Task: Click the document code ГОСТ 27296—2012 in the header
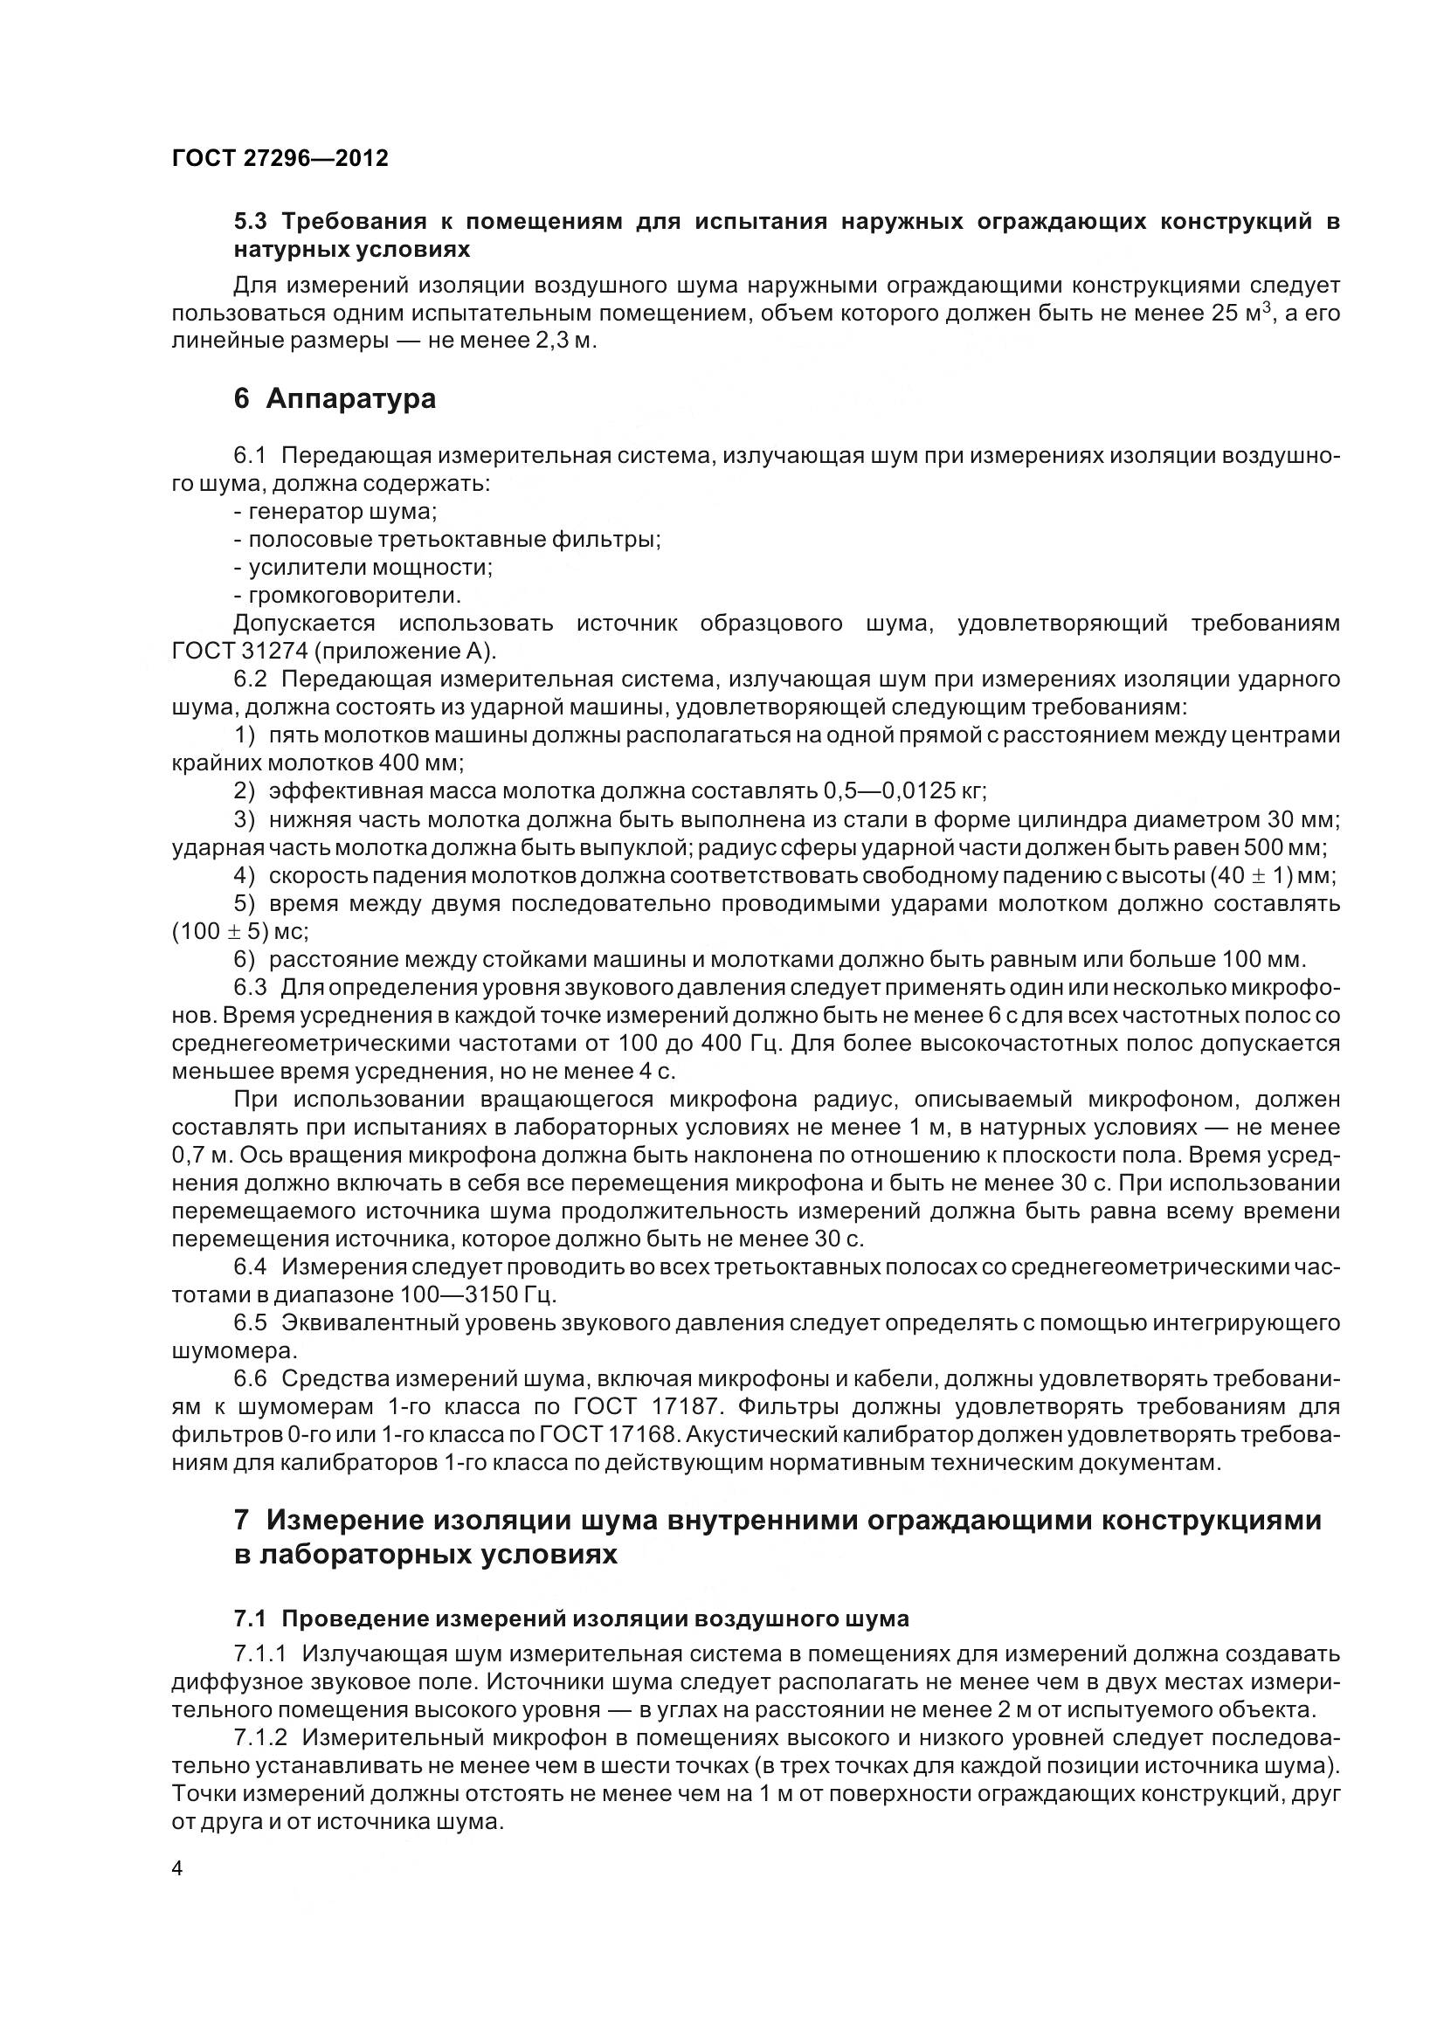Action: tap(280, 158)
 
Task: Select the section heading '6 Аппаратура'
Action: tap(335, 398)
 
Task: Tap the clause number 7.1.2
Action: tap(260, 1737)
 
